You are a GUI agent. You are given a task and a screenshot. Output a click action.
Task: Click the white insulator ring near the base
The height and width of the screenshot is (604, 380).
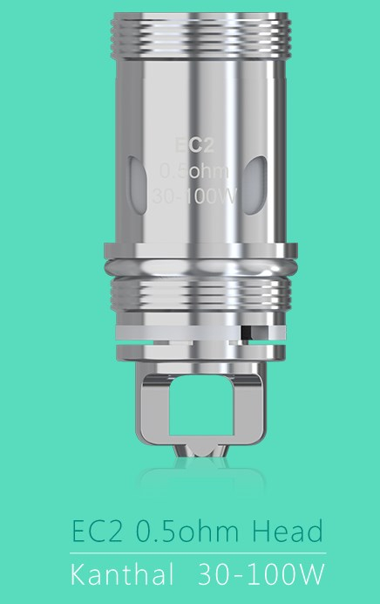(x=174, y=332)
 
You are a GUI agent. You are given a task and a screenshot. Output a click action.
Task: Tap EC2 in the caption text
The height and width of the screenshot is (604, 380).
(x=92, y=532)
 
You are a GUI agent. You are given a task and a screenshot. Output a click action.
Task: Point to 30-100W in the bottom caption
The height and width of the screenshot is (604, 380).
(x=261, y=577)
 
